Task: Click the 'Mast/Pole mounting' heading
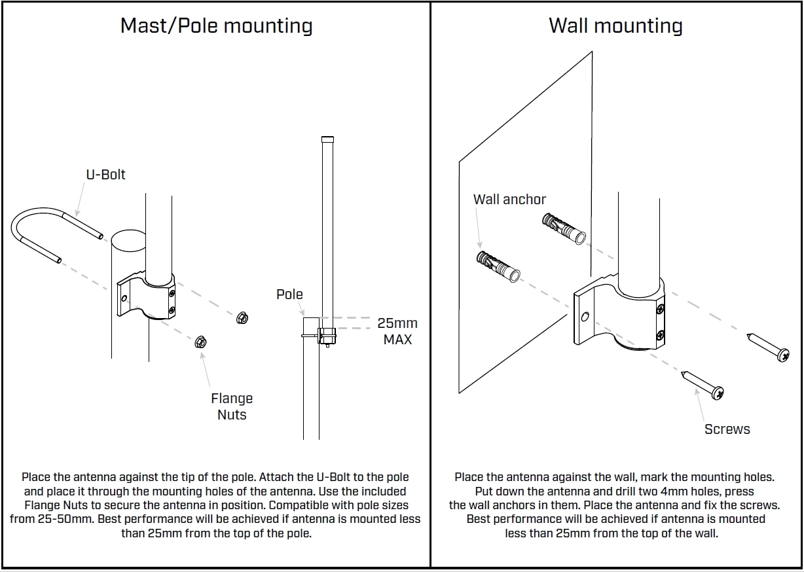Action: (217, 26)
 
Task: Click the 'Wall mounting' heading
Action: (615, 26)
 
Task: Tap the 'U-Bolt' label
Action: (105, 175)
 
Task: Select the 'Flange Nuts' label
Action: (232, 406)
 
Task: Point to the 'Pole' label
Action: (289, 295)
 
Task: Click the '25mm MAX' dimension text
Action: (397, 331)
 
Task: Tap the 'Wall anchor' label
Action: (509, 200)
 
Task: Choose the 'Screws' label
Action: (727, 429)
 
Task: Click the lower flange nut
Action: (200, 342)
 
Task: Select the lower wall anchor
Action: (498, 266)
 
